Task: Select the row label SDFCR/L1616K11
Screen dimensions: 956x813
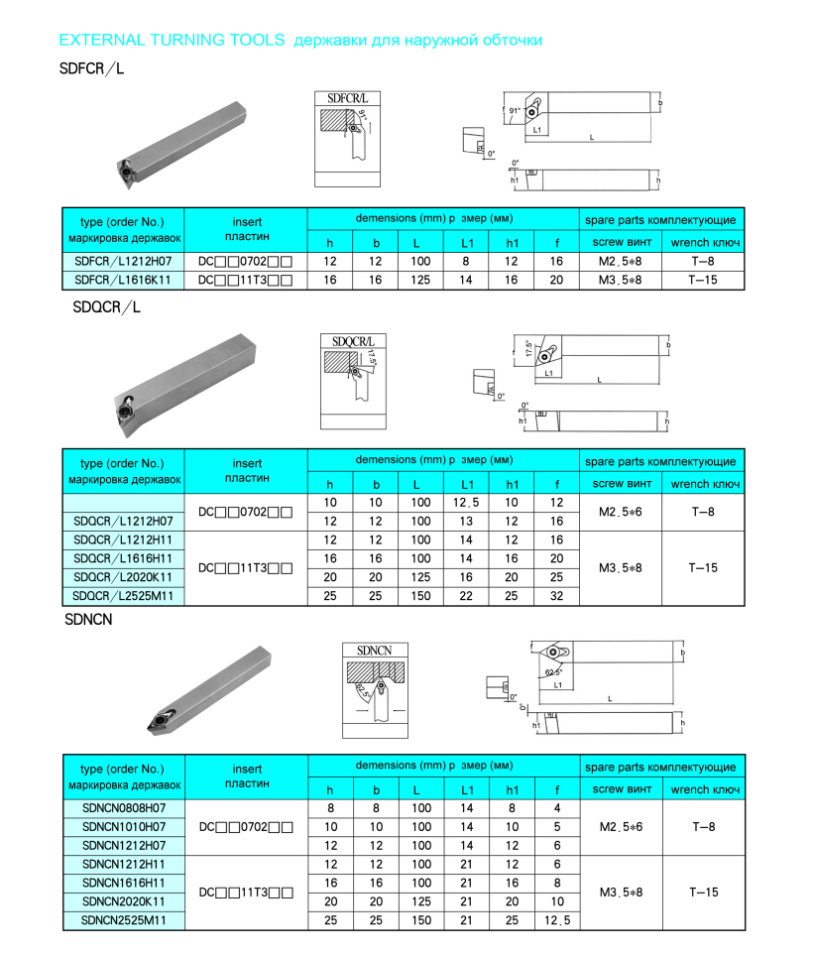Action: (123, 280)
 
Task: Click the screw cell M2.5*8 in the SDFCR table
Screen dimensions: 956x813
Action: (627, 261)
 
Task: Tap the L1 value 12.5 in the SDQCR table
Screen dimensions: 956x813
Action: (466, 503)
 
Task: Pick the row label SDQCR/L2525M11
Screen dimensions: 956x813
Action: (123, 595)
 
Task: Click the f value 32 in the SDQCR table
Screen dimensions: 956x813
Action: (556, 595)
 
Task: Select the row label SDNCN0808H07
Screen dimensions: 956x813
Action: (123, 807)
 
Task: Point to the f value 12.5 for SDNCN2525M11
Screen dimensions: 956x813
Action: (556, 920)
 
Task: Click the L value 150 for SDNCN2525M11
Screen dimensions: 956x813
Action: (420, 920)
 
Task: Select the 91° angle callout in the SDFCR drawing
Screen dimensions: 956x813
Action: (515, 112)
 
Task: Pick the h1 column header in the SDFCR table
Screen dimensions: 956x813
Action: (513, 241)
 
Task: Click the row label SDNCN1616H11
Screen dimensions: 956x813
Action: (123, 883)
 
